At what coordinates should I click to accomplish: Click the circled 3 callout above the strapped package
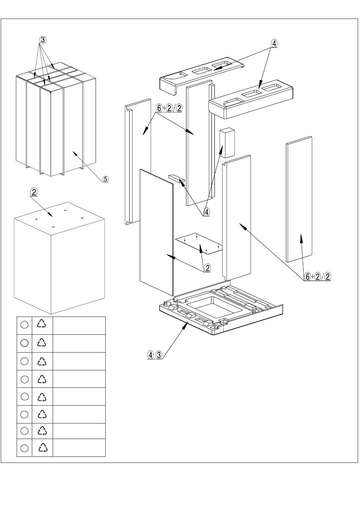(x=42, y=40)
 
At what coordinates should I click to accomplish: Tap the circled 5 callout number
(x=105, y=179)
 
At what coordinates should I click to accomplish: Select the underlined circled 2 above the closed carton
(x=34, y=192)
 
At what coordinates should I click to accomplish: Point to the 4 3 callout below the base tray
(x=155, y=355)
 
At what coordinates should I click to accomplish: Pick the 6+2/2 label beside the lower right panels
(x=318, y=277)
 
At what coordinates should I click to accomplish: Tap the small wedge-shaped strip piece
(x=177, y=179)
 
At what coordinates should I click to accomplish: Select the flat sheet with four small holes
(x=199, y=243)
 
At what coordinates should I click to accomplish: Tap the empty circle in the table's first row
(x=24, y=325)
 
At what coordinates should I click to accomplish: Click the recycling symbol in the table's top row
(x=42, y=323)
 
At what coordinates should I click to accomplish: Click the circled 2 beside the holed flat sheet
(x=207, y=268)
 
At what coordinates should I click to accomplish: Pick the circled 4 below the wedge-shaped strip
(x=207, y=212)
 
